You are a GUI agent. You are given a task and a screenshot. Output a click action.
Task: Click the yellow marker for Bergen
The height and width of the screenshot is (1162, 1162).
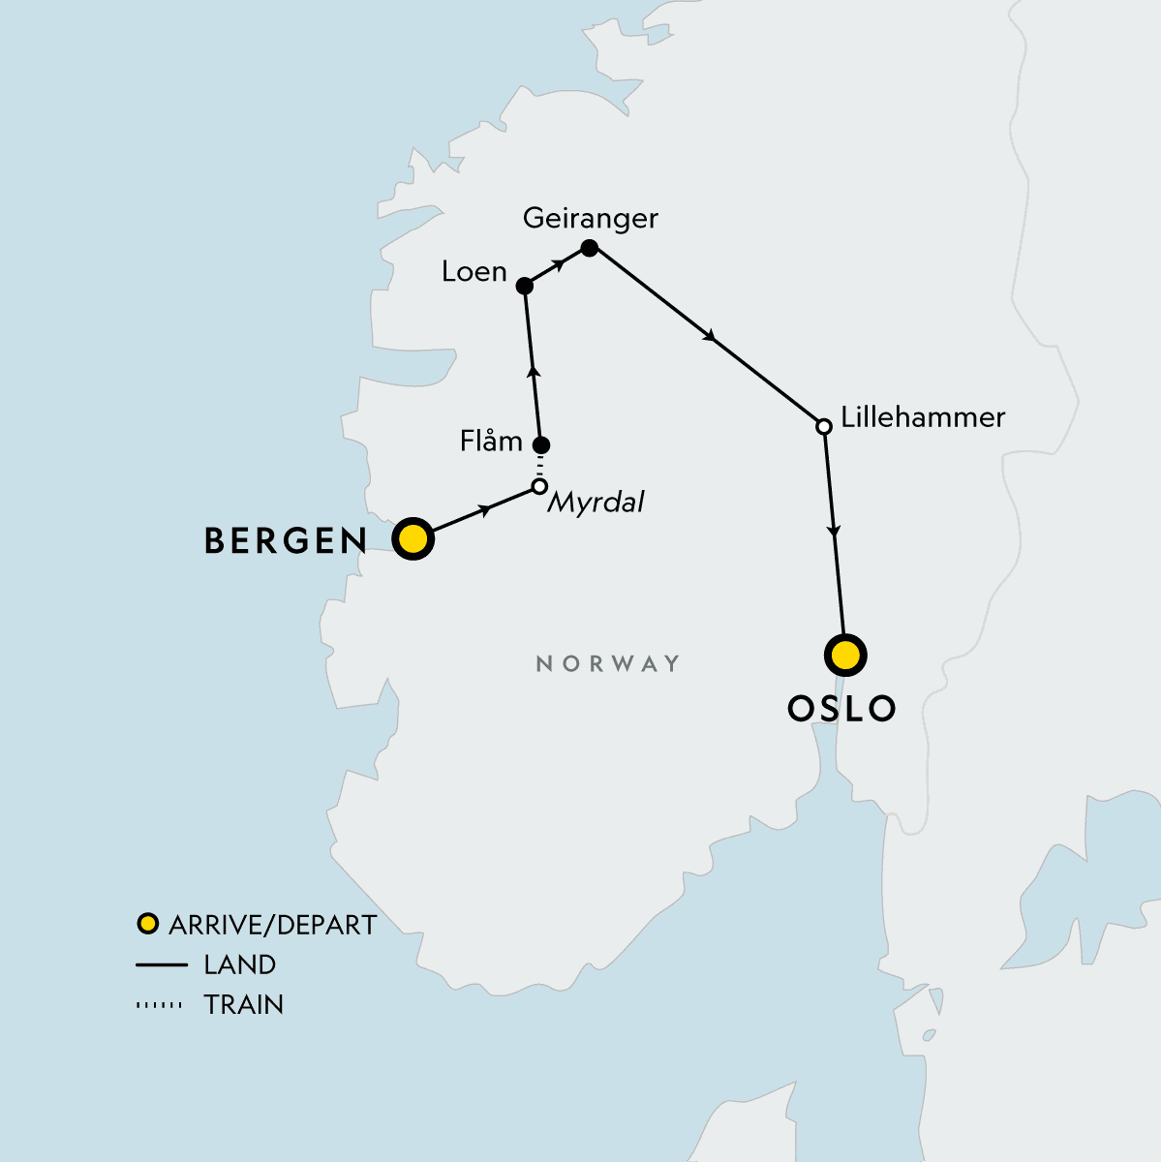click(x=413, y=538)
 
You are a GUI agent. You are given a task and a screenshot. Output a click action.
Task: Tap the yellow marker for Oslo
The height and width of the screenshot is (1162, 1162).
click(x=845, y=656)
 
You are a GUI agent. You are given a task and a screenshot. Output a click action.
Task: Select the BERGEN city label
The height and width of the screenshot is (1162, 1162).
click(x=286, y=541)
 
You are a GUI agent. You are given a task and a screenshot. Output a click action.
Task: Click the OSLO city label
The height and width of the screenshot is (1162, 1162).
click(x=841, y=709)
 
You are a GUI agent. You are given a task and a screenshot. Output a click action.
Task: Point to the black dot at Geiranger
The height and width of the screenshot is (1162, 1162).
click(x=589, y=248)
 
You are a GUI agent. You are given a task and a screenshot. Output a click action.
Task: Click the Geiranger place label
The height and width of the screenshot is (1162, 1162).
click(x=590, y=218)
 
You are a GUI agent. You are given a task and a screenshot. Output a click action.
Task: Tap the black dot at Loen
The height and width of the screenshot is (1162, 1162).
click(x=524, y=286)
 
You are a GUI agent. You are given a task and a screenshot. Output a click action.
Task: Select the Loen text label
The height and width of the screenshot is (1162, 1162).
click(x=474, y=272)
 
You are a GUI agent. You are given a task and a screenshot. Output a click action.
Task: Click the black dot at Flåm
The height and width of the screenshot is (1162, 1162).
click(x=541, y=445)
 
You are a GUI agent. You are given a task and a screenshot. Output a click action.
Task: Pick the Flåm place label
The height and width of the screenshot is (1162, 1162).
click(x=491, y=442)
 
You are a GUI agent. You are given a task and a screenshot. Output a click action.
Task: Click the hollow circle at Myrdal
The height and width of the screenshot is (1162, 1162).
click(x=539, y=486)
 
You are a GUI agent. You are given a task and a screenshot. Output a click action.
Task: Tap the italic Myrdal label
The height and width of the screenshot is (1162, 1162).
click(x=596, y=503)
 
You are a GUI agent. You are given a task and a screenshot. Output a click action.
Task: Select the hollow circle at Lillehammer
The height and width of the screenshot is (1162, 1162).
click(x=823, y=426)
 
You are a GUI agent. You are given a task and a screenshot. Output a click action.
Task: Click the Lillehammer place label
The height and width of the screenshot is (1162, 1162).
click(x=923, y=417)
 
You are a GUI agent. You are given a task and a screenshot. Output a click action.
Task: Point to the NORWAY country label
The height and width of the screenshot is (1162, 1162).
click(x=608, y=663)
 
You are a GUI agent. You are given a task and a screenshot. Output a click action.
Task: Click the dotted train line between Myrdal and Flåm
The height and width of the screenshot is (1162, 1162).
click(x=540, y=466)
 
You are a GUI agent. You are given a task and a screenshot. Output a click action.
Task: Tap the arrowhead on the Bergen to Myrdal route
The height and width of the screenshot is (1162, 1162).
click(x=485, y=508)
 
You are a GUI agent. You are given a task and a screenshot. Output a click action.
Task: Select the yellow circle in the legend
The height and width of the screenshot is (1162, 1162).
click(x=147, y=924)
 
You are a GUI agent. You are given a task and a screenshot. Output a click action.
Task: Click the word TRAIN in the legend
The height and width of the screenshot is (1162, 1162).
click(x=244, y=1005)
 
